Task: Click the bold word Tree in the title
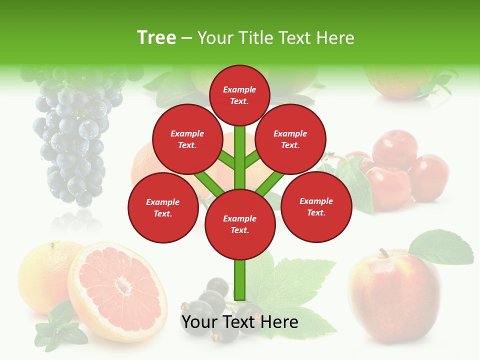coord(156,38)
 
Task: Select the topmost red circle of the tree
coord(239,95)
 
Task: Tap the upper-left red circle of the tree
coord(187,139)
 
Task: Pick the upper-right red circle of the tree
coord(290,139)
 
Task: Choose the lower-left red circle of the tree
coord(163,207)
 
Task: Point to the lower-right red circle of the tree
coord(316,206)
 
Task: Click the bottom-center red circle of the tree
coord(240,224)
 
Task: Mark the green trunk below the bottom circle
coord(240,280)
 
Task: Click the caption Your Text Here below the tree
coord(240,322)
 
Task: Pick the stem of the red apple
coord(384,253)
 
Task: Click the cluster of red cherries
coord(400,170)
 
